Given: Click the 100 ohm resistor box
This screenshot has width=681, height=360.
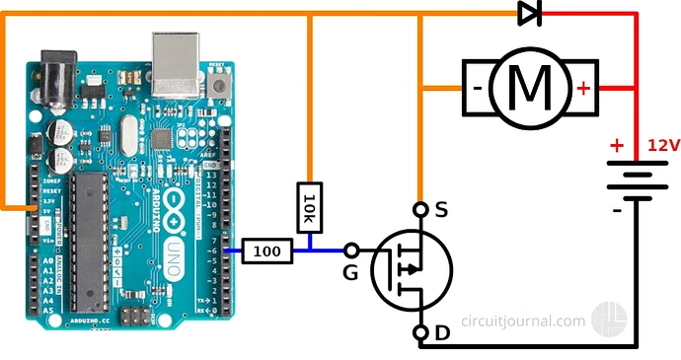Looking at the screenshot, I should (267, 252).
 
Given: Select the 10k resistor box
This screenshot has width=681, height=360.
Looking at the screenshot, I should (309, 208).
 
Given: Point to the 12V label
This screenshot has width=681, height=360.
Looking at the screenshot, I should (663, 146).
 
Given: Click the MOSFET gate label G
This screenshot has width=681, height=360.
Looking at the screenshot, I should (349, 271).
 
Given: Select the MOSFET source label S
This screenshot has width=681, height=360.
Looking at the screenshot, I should (441, 209).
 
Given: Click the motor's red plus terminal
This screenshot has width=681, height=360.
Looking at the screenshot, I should (584, 88).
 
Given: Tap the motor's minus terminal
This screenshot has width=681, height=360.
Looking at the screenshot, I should (477, 88).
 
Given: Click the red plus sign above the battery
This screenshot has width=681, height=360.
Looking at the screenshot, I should (617, 146).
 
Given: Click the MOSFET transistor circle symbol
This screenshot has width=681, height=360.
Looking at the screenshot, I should (412, 269).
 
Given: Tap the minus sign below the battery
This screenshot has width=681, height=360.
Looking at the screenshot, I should (617, 210).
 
